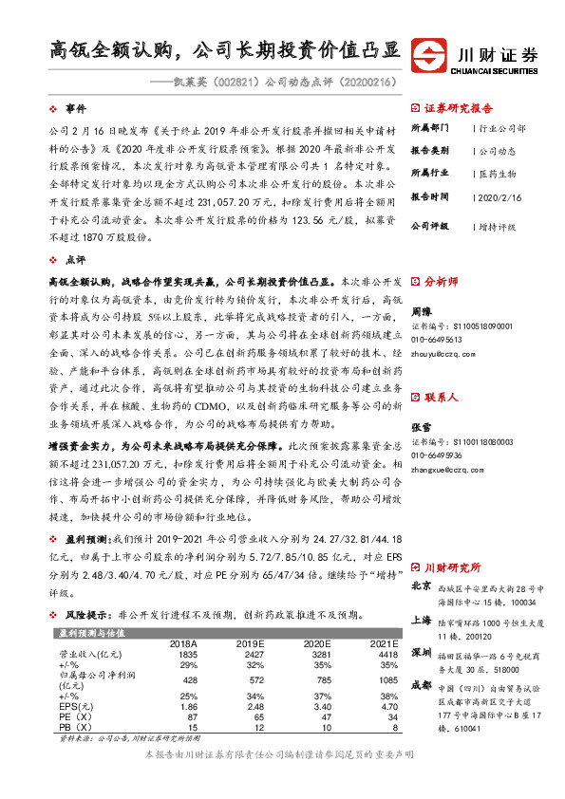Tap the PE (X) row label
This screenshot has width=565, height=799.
point(75,716)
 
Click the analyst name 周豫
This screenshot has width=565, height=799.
point(421,309)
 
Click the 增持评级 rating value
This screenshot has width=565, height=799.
point(497,228)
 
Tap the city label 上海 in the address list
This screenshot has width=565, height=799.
point(422,620)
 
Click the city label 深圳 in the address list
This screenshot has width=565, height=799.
point(422,654)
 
